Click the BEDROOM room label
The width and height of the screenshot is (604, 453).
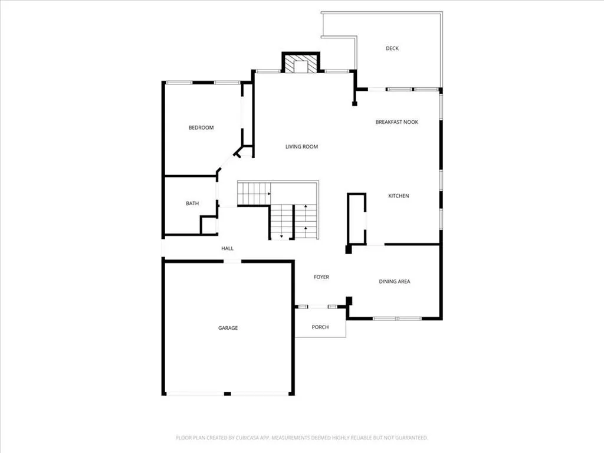(x=201, y=127)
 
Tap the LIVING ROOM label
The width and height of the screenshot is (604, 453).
(x=301, y=146)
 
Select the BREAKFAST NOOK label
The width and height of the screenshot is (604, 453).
(x=397, y=122)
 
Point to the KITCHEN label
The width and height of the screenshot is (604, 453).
(x=398, y=196)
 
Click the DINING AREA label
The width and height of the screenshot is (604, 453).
(x=395, y=281)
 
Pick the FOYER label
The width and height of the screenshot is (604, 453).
(x=321, y=277)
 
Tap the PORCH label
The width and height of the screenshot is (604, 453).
(x=320, y=327)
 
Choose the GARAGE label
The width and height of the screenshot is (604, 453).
(x=228, y=328)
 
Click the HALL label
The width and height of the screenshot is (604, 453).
(x=227, y=248)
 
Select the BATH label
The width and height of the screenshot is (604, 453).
(x=192, y=203)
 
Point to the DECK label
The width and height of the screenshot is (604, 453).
(x=392, y=48)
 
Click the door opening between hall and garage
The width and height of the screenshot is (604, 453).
(x=232, y=261)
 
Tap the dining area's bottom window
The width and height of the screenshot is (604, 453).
(x=397, y=319)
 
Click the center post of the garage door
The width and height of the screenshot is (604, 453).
(x=228, y=393)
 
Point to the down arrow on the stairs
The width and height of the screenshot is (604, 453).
(x=281, y=236)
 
